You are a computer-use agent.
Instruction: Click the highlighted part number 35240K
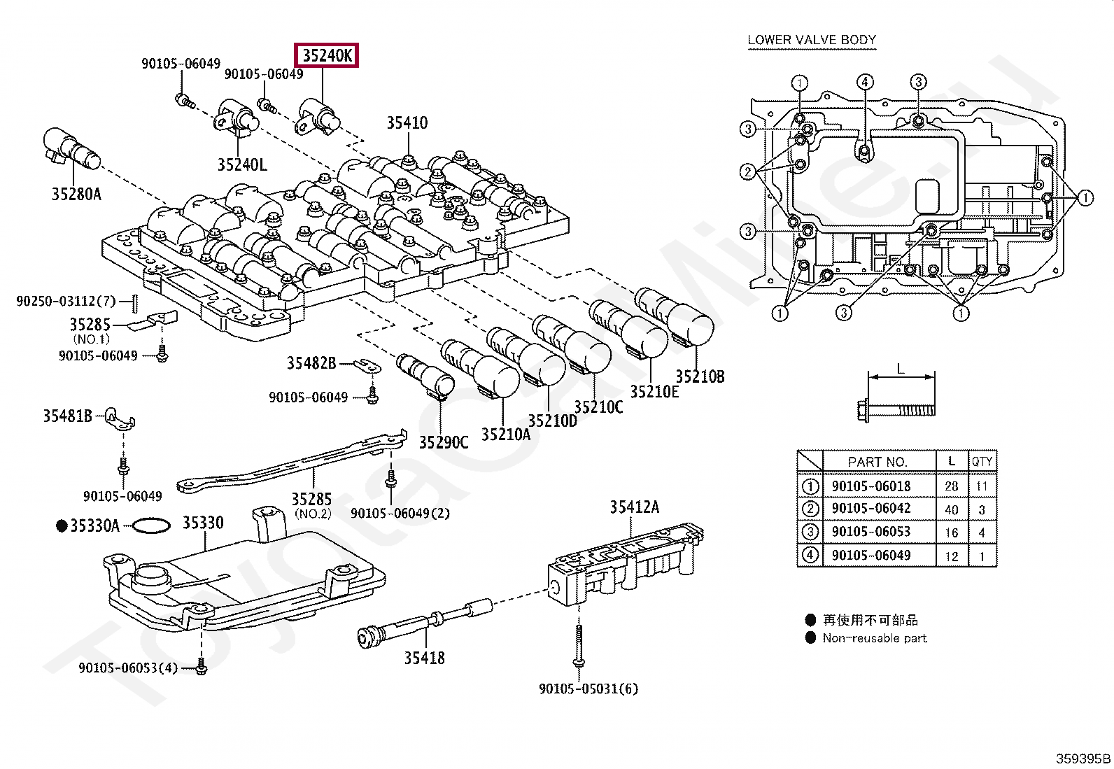point(327,55)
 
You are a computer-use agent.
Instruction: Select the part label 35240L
point(242,164)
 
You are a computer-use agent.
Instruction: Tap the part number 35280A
point(76,194)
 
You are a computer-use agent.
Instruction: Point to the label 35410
point(407,122)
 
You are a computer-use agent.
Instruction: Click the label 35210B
point(700,376)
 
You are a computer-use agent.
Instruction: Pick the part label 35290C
point(444,442)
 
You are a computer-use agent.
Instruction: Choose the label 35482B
point(312,363)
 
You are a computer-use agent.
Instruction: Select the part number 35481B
point(68,416)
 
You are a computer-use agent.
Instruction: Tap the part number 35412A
point(635,507)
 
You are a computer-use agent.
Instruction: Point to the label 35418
point(424,658)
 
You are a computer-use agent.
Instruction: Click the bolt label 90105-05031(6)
point(588,689)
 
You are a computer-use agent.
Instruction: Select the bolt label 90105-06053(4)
point(128,668)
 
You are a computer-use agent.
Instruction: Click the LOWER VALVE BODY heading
point(812,40)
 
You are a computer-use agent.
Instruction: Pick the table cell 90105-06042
point(871,508)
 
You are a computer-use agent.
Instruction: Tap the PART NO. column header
point(877,462)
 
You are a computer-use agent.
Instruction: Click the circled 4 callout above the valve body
point(865,82)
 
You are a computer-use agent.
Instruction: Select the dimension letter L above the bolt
point(901,369)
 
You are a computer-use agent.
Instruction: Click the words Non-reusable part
point(875,637)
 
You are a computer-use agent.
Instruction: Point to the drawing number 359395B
point(1083,759)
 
